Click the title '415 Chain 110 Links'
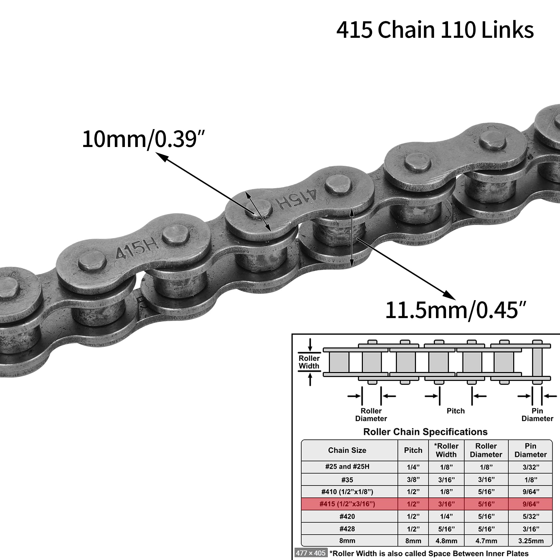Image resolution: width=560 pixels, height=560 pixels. coord(435,30)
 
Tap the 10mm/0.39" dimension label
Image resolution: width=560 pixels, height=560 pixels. coord(143,139)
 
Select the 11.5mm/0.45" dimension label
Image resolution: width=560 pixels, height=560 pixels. coord(455,311)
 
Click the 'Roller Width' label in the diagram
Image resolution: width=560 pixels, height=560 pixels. coord(309,362)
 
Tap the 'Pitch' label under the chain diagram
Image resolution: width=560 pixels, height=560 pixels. coord(455,411)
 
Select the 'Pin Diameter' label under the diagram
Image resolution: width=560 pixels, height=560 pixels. coord(537,414)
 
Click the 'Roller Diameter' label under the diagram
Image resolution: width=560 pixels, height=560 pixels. coord(371,414)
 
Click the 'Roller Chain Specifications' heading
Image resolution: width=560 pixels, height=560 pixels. coord(425,432)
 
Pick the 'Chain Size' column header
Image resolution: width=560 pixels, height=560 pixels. coord(347,450)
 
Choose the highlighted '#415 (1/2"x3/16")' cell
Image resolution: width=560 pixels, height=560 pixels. coord(347,504)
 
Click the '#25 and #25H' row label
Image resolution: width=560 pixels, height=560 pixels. coord(347,467)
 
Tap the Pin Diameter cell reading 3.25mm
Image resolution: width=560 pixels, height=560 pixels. coord(531,541)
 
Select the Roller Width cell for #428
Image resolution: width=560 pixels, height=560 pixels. coord(446,529)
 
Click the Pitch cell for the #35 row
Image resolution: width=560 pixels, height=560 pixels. coord(413,480)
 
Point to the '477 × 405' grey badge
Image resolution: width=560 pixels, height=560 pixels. coord(311,553)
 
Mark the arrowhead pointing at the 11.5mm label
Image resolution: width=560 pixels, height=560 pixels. coord(449,296)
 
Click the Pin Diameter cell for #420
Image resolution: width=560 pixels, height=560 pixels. coord(531,517)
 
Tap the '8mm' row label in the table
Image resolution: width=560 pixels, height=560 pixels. coord(347,541)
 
